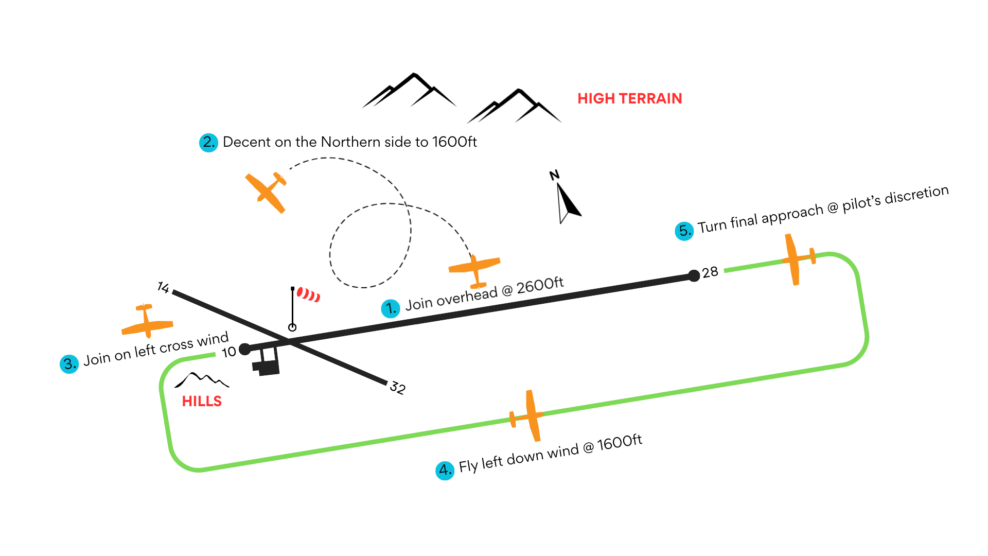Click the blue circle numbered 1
(x=391, y=308)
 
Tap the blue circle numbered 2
(x=208, y=142)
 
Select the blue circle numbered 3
(x=69, y=364)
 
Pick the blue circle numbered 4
(x=445, y=471)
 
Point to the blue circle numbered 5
(x=684, y=231)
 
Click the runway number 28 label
(x=710, y=272)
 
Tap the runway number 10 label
(x=228, y=352)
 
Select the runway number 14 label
(x=163, y=287)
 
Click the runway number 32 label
(x=397, y=387)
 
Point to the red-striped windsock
(x=308, y=294)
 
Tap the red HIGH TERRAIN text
(x=629, y=98)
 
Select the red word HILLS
(x=202, y=402)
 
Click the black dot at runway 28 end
(x=694, y=276)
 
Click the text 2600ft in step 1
(x=540, y=285)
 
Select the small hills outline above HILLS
(x=202, y=380)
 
